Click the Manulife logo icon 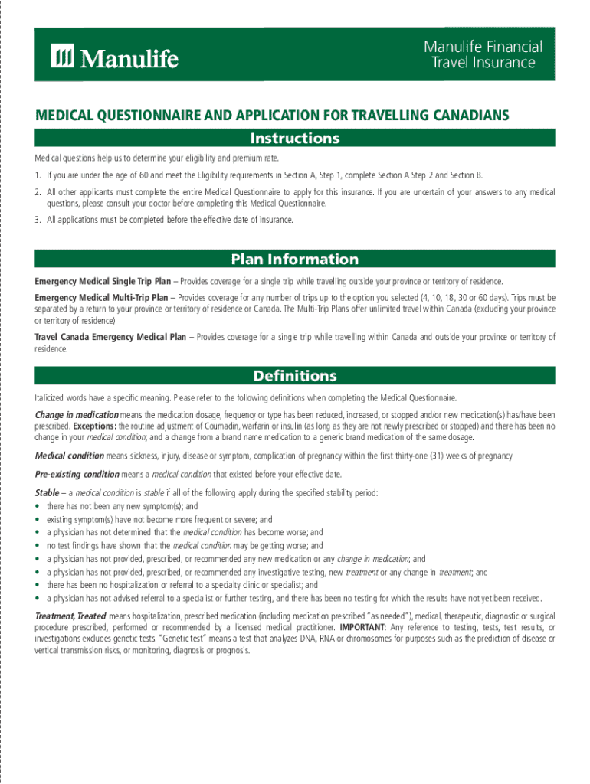[x=63, y=56]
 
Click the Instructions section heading [x=295, y=139]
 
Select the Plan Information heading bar [x=295, y=259]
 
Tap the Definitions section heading [x=295, y=376]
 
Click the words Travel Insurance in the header [x=483, y=63]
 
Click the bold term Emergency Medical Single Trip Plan [x=103, y=282]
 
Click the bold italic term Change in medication [x=77, y=414]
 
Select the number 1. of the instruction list [x=38, y=175]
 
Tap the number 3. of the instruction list [x=38, y=220]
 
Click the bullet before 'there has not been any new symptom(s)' [x=38, y=507]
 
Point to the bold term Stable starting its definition [x=48, y=492]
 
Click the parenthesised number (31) [x=450, y=456]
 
